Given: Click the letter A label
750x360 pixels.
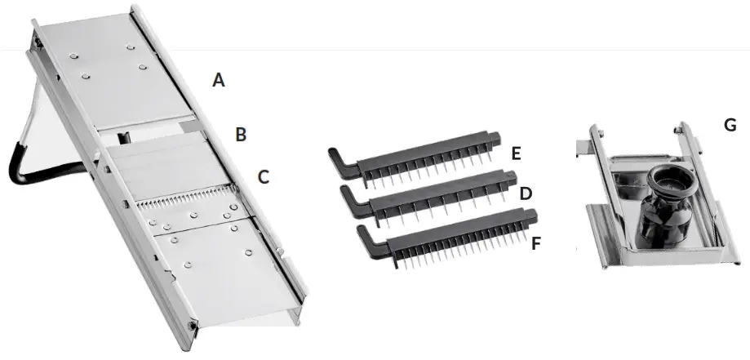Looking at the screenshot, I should click(x=218, y=80).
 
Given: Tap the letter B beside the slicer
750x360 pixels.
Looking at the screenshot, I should click(x=241, y=135).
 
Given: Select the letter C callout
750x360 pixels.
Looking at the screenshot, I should click(x=263, y=176).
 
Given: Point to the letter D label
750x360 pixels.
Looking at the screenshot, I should click(x=526, y=193).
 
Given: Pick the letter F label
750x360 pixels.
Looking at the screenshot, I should click(x=536, y=242).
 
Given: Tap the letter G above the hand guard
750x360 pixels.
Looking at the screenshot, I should click(x=730, y=125).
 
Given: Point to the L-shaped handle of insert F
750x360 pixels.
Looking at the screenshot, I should click(x=365, y=238).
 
